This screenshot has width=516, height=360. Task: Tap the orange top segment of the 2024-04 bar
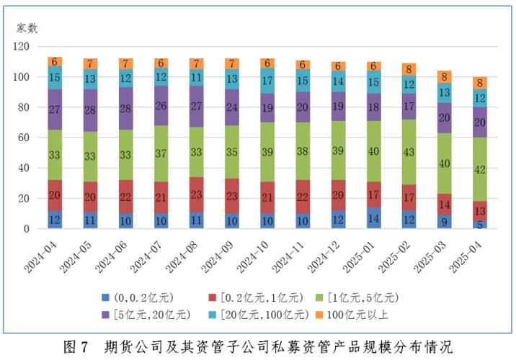pos(55,61)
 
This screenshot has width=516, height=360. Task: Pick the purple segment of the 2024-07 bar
pos(161,106)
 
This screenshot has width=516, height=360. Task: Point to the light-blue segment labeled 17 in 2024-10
pos(267,81)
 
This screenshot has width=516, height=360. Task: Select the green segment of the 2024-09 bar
pos(231,153)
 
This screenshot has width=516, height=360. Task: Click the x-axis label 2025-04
pos(468,256)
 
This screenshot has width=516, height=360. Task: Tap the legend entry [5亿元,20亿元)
pos(148,314)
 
